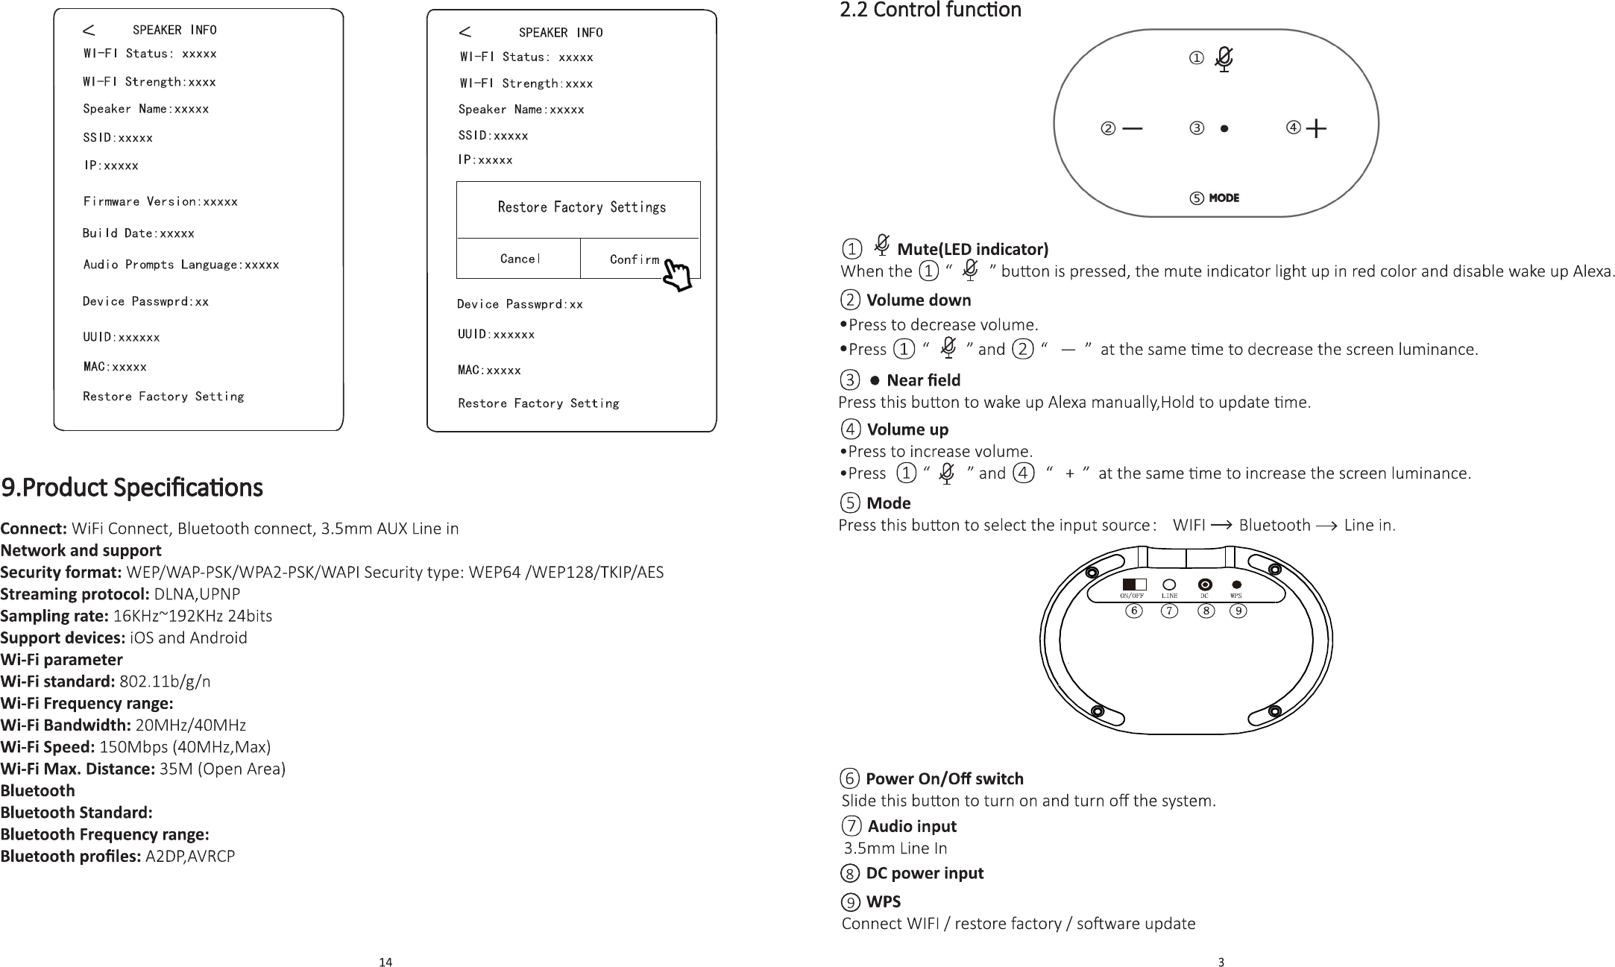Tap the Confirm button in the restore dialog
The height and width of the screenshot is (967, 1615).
(x=635, y=259)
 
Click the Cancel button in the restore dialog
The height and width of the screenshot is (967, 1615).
(x=519, y=259)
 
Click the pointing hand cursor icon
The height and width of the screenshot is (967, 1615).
(x=677, y=275)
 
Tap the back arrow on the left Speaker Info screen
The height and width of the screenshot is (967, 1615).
(x=89, y=30)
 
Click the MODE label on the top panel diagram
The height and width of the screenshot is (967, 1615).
(x=1224, y=198)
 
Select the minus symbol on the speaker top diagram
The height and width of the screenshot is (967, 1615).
(x=1132, y=128)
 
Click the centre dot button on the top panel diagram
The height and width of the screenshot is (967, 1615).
(x=1224, y=128)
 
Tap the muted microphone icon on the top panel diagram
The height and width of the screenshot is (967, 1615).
(x=1224, y=59)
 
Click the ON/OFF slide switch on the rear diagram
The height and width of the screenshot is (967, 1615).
(x=1133, y=584)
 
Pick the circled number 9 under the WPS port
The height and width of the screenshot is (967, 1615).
(x=1238, y=611)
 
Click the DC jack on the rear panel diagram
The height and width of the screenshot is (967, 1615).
(x=1204, y=585)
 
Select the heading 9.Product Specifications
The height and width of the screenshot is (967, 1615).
(x=132, y=488)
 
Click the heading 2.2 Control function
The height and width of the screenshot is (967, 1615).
(x=930, y=10)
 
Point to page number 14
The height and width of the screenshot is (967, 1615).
(x=385, y=962)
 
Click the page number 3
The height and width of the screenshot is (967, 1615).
(x=1221, y=962)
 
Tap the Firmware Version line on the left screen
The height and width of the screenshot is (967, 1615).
(x=160, y=201)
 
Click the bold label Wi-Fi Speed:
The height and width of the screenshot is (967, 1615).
(x=48, y=747)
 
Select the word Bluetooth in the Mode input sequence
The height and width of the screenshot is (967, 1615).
(x=1274, y=525)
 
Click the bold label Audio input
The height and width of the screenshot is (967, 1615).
(x=912, y=826)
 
